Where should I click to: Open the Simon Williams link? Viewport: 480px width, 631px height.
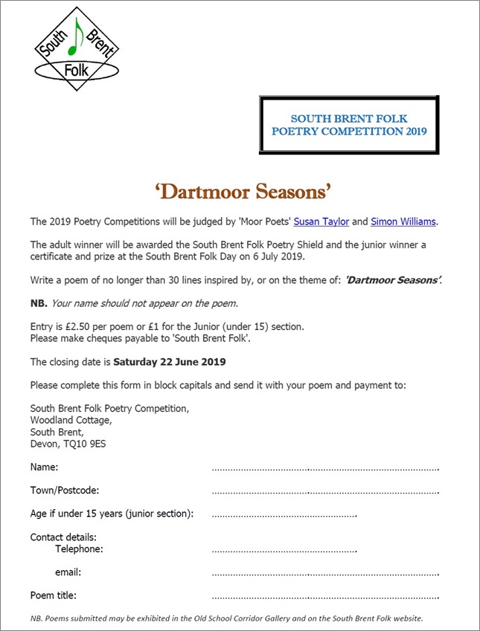tap(403, 221)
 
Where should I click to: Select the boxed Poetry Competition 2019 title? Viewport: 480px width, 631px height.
tap(349, 125)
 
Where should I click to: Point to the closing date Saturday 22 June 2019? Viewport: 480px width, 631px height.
tap(170, 362)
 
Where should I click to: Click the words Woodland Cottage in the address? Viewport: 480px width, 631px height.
tap(71, 420)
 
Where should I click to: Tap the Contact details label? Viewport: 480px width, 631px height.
tap(63, 537)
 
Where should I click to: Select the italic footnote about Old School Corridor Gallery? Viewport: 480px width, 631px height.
tap(227, 618)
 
